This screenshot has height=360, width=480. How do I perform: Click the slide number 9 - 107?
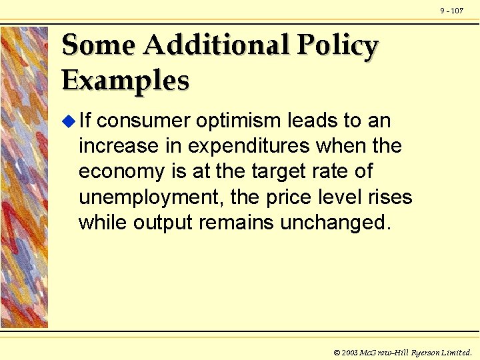click(x=452, y=11)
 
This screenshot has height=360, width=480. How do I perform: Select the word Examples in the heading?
click(x=125, y=81)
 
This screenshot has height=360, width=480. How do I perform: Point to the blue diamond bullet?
click(x=67, y=121)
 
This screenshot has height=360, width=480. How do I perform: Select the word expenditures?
click(x=251, y=147)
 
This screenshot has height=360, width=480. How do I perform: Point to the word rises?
click(x=389, y=197)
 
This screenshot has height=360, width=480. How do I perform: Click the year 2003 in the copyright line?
click(x=351, y=352)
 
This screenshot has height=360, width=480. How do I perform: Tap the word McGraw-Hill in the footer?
click(x=385, y=352)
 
